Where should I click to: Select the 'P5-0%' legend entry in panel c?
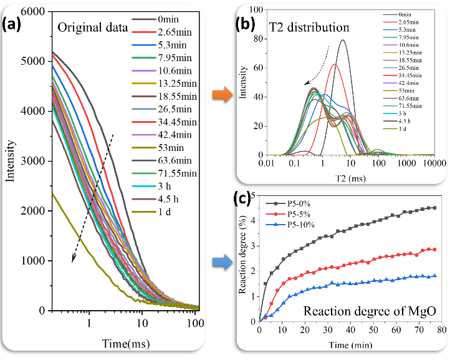tap(290, 203)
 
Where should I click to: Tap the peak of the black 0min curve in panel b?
tap(343, 40)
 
